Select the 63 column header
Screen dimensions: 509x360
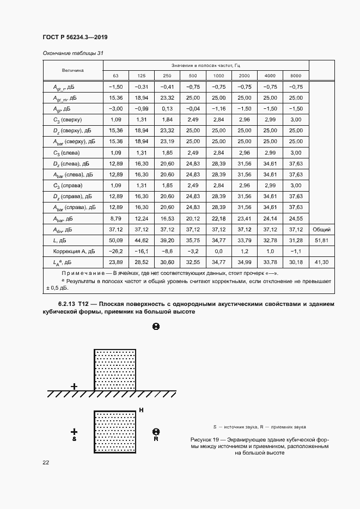(115, 75)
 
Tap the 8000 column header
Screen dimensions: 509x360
(295, 75)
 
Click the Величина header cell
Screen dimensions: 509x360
(72, 70)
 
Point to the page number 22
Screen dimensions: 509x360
(46, 462)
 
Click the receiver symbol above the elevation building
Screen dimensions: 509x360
(156, 327)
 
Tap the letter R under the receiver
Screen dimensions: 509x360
(156, 438)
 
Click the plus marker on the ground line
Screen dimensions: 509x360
(74, 387)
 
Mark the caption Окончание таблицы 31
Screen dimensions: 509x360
(72, 53)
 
